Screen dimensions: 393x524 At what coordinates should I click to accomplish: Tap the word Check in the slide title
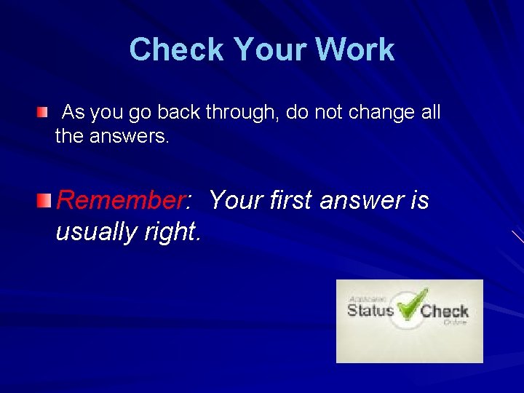pos(177,50)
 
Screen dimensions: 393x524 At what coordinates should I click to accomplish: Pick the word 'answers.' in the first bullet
pos(130,135)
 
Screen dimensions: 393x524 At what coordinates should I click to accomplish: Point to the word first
pos(295,200)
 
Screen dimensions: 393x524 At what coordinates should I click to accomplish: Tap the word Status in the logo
pos(370,311)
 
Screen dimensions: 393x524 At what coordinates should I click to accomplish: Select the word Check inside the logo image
pos(444,312)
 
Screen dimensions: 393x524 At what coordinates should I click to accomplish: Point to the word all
pos(430,113)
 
